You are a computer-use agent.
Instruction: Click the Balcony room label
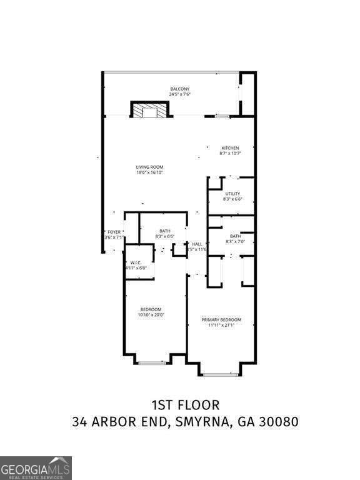point(179,89)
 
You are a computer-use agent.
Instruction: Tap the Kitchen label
point(229,148)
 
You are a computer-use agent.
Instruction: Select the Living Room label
point(150,167)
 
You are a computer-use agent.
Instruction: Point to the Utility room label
point(232,194)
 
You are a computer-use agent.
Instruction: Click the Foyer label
point(114,232)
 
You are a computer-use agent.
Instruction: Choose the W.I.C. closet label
point(136,262)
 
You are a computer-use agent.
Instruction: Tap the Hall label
point(197,244)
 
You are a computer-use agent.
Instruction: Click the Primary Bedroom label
point(221,320)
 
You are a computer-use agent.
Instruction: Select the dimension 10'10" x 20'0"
point(151,315)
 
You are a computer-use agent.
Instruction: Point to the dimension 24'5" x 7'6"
point(179,94)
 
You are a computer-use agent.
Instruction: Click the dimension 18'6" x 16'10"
point(150,172)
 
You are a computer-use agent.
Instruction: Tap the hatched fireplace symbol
point(150,111)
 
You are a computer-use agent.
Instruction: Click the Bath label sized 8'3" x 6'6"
point(165,231)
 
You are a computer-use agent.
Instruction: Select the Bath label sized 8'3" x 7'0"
point(235,236)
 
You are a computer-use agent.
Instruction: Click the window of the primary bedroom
point(218,374)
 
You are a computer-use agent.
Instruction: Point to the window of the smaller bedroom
point(152,362)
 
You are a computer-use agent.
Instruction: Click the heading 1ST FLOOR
point(185,406)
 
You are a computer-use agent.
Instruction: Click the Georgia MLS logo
point(36,467)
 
